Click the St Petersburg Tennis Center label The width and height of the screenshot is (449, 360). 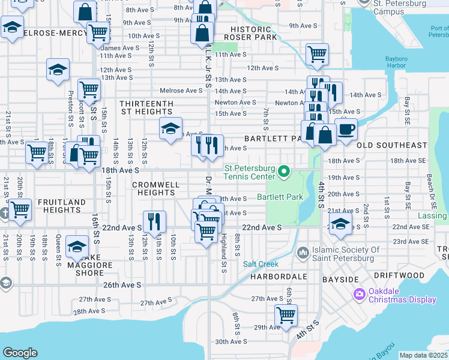[x=250, y=172]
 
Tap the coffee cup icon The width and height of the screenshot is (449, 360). [x=346, y=129]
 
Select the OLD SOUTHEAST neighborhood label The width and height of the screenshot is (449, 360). [x=391, y=145]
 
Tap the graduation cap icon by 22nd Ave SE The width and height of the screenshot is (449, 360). [x=340, y=224]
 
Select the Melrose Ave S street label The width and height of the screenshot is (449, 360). [x=181, y=91]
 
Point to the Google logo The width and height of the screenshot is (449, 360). [x=20, y=353]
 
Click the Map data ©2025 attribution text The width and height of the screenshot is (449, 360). [x=423, y=355]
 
